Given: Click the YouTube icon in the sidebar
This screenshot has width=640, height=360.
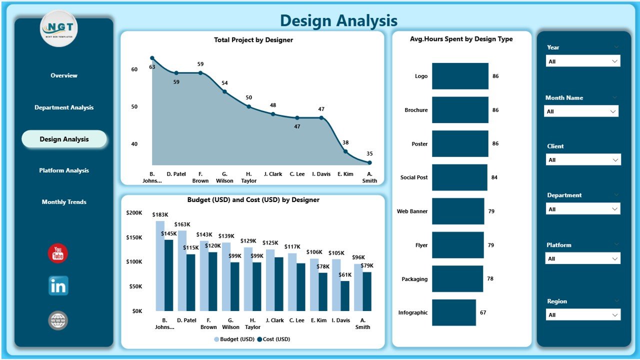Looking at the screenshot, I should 58,253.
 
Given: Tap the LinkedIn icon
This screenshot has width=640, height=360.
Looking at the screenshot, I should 58,286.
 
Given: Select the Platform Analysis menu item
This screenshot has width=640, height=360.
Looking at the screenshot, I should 64,170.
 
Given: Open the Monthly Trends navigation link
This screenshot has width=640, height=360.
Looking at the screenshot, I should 64,202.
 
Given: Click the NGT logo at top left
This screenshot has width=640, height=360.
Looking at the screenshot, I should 58,28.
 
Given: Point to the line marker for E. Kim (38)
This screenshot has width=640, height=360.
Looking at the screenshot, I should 345,151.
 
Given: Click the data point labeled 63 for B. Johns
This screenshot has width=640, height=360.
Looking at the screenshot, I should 152,58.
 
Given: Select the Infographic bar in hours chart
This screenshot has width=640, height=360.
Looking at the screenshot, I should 454,312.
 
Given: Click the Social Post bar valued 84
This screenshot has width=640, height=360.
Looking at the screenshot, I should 459,177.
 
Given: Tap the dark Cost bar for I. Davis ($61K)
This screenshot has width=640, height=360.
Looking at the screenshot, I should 345,295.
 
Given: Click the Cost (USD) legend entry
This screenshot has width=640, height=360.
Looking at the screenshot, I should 273,339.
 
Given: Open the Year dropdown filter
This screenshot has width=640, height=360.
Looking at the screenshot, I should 583,61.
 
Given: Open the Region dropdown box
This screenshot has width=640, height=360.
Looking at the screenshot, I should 583,315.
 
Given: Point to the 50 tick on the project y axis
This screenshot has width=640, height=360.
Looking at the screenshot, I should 134,106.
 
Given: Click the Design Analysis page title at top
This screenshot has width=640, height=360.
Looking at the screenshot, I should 338,20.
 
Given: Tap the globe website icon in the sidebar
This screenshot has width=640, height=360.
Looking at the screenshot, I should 58,320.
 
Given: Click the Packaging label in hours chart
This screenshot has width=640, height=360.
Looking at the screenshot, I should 414,279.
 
